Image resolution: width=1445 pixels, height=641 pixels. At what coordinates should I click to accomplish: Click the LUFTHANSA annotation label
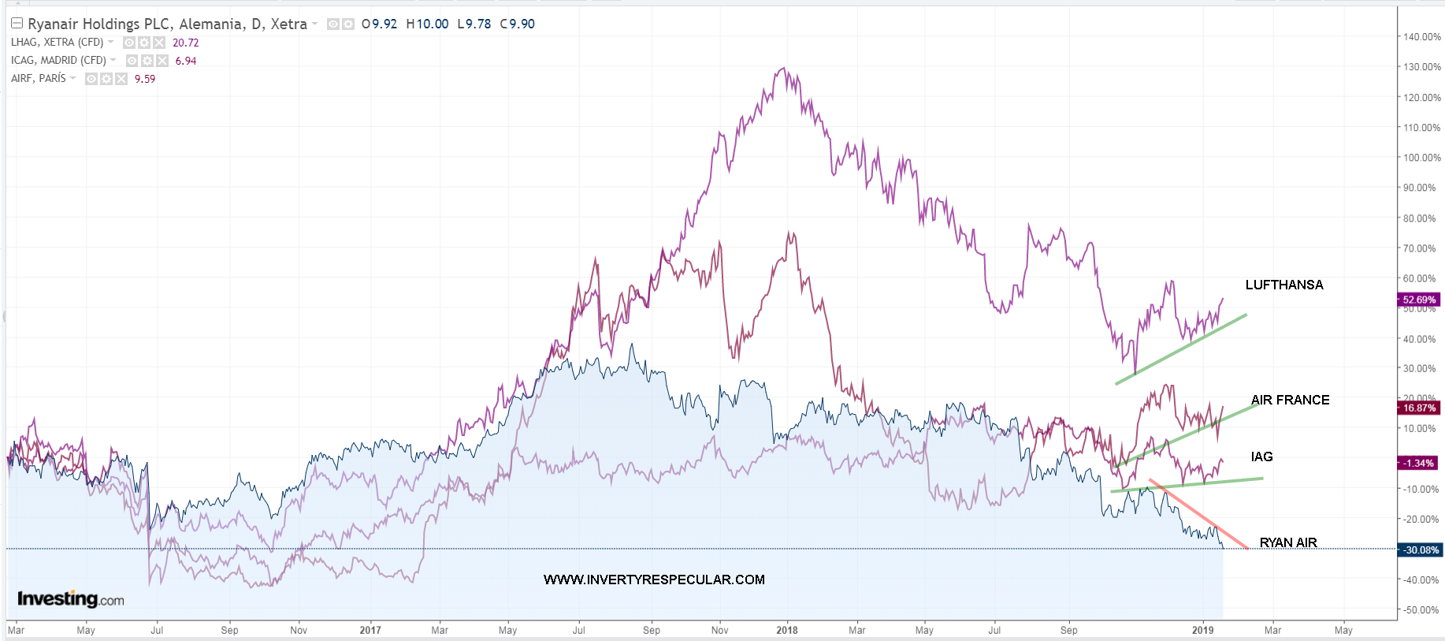(x=1283, y=285)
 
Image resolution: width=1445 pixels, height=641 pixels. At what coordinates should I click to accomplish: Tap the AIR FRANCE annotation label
(x=1290, y=400)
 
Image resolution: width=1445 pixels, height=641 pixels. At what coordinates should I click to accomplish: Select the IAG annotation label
(x=1261, y=457)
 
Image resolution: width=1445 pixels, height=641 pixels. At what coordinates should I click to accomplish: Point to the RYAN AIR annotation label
(x=1287, y=542)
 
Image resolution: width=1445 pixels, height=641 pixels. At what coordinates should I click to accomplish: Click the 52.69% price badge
(x=1418, y=300)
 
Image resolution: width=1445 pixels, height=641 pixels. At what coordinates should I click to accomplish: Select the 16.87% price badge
(x=1418, y=408)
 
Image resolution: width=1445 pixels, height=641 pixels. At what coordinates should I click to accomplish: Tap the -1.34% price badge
(x=1418, y=463)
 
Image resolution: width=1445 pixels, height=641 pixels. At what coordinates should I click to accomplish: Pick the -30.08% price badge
(x=1420, y=550)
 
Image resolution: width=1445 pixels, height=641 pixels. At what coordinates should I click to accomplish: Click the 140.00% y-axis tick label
(x=1421, y=37)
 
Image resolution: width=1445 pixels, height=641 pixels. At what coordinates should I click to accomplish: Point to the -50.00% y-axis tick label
(x=1421, y=609)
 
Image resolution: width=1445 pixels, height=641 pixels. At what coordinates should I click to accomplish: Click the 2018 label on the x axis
(x=786, y=630)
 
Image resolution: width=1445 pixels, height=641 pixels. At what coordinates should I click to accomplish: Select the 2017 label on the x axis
(x=370, y=630)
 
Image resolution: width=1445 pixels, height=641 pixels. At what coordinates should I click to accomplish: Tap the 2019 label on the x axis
(x=1202, y=630)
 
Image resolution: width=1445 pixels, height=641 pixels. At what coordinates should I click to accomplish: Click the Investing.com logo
(x=70, y=599)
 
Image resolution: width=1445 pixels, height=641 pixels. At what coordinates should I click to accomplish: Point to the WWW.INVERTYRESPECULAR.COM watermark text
(x=654, y=580)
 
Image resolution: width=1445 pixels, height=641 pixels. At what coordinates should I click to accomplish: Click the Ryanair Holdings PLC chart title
(x=167, y=24)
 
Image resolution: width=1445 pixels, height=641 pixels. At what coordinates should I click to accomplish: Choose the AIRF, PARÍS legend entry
(x=39, y=79)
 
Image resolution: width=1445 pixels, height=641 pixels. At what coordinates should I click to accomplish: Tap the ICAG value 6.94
(x=186, y=61)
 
